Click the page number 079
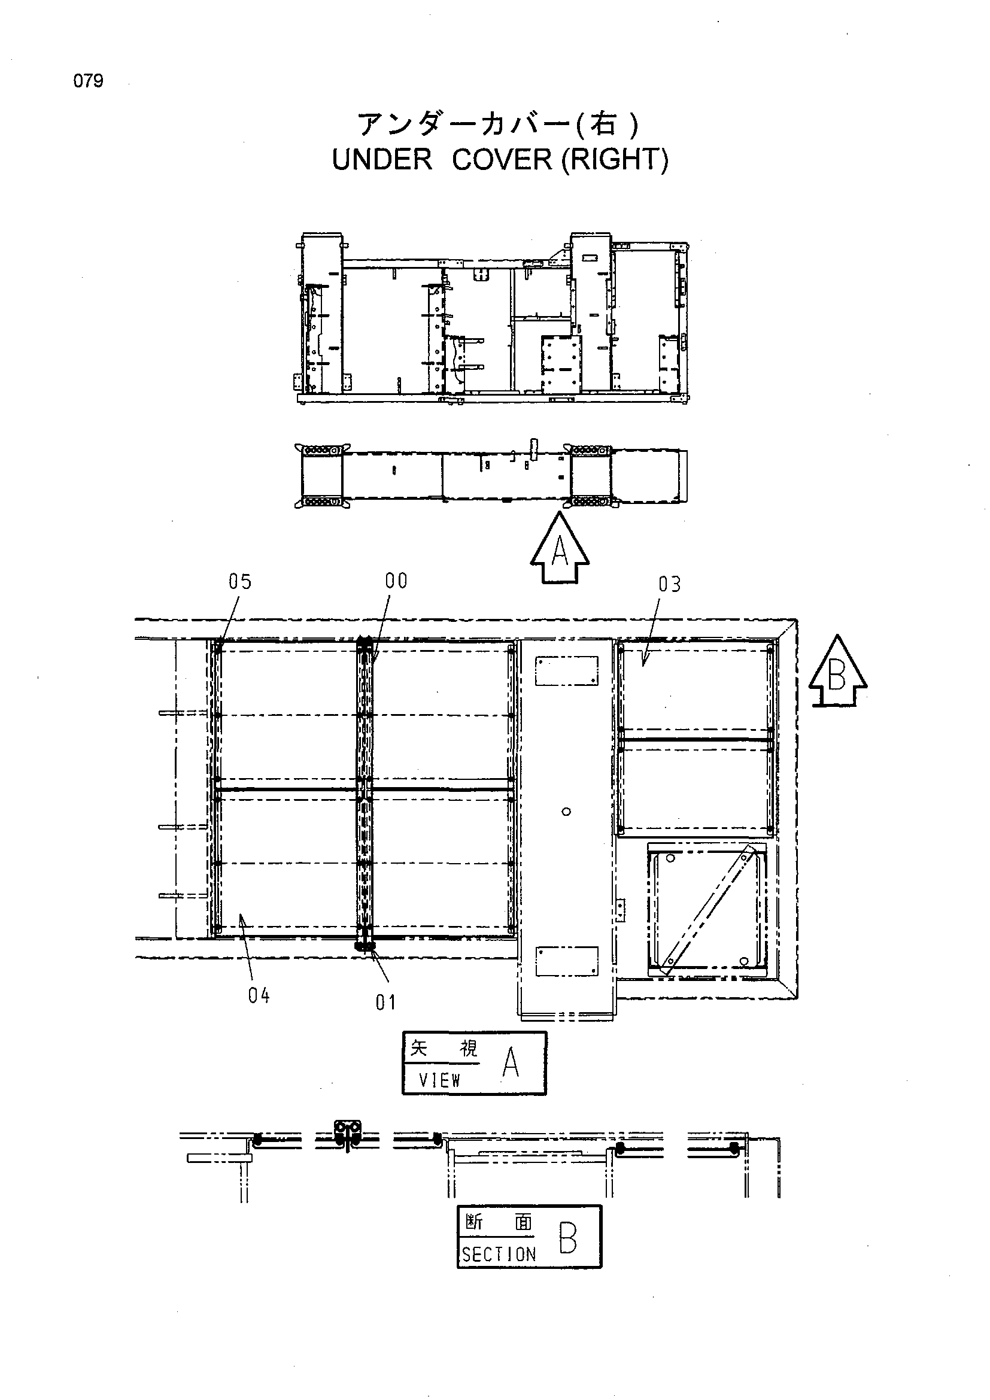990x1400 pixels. click(x=89, y=80)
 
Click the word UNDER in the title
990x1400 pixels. click(x=382, y=160)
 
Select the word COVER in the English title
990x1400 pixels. click(x=502, y=160)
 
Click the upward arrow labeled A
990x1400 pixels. click(x=560, y=547)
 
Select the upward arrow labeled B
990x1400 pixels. click(x=837, y=671)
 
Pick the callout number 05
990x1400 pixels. click(x=239, y=582)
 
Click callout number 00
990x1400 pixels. click(x=396, y=581)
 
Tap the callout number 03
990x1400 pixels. click(x=669, y=584)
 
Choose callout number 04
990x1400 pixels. click(x=259, y=996)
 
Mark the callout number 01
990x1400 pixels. click(x=386, y=1003)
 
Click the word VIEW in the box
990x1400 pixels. click(x=439, y=1080)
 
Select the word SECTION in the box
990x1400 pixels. click(x=499, y=1255)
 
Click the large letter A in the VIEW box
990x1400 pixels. click(x=510, y=1064)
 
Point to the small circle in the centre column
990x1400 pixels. click(x=566, y=812)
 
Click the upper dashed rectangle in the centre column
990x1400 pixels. click(x=566, y=671)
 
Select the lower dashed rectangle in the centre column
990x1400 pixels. click(x=566, y=962)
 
